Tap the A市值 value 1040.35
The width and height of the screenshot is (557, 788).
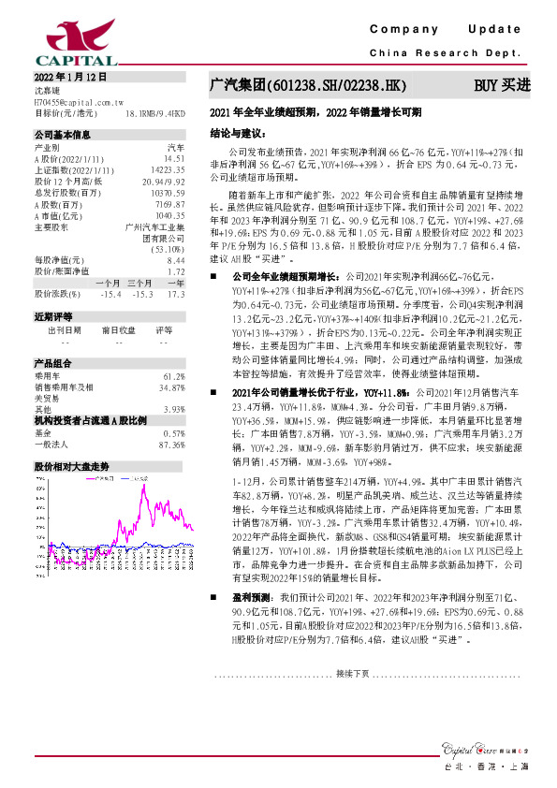[x=169, y=214]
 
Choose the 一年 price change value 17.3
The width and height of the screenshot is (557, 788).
[x=176, y=294]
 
